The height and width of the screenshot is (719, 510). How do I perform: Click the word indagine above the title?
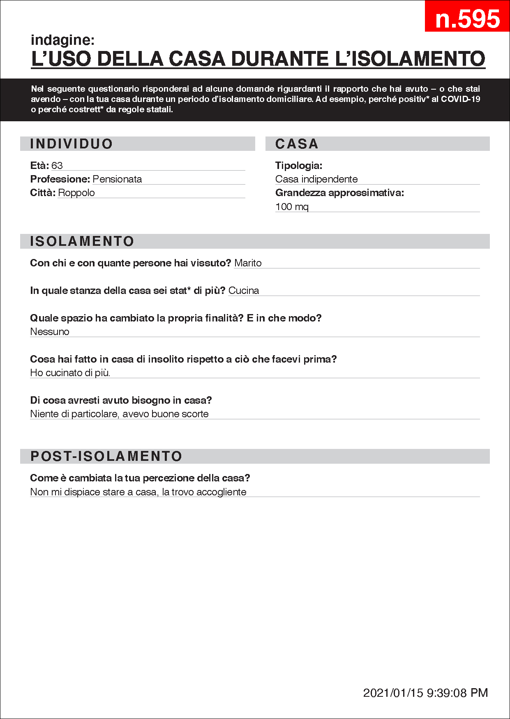click(x=62, y=40)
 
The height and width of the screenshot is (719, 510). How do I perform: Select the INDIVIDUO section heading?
click(x=72, y=144)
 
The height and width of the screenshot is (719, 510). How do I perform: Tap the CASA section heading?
click(x=297, y=144)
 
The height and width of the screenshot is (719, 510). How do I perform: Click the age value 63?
click(x=57, y=166)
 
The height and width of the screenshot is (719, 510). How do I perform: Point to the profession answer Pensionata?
click(x=117, y=179)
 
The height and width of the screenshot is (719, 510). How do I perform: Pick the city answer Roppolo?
click(x=76, y=193)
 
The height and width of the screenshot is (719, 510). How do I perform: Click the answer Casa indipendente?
click(x=316, y=179)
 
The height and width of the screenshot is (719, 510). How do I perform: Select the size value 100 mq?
click(x=292, y=207)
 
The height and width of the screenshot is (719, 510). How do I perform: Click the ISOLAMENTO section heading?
click(x=82, y=241)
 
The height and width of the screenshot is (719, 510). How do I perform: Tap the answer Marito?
click(x=248, y=263)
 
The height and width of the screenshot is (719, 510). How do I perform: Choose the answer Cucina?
click(x=244, y=291)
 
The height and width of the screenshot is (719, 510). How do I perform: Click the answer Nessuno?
click(x=50, y=332)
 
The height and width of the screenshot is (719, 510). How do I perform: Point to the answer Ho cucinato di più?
click(x=70, y=373)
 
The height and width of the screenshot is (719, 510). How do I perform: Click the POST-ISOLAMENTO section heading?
click(x=106, y=456)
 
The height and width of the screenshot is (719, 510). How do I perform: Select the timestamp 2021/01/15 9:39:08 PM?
click(x=425, y=693)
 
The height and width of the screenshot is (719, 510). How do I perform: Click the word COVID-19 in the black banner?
click(x=460, y=99)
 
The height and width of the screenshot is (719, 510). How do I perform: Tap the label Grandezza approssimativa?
click(x=339, y=193)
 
